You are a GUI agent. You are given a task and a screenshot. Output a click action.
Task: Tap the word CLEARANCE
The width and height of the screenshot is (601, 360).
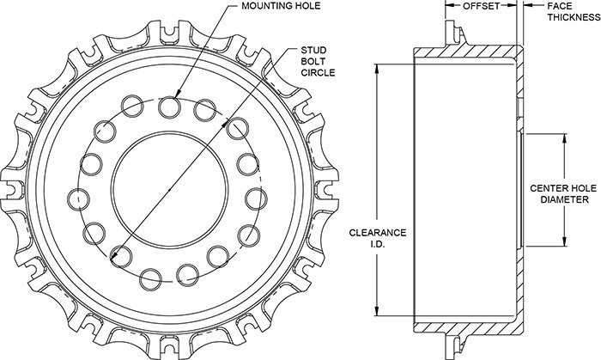click(x=378, y=233)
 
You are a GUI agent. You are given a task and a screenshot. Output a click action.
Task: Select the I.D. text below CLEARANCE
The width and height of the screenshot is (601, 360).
click(x=378, y=245)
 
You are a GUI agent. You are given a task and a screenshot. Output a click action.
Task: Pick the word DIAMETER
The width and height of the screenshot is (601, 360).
click(x=564, y=199)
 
